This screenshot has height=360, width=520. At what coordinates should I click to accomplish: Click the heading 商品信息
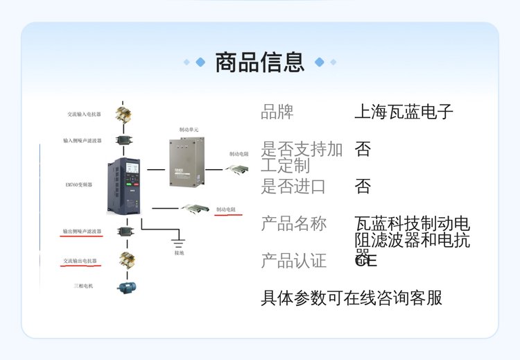[260, 62]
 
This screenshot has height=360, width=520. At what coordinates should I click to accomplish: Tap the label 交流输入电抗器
[83, 114]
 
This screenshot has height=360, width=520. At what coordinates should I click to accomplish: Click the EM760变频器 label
[79, 185]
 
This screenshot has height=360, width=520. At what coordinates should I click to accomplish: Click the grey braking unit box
[189, 162]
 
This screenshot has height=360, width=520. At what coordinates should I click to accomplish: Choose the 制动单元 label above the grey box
[189, 130]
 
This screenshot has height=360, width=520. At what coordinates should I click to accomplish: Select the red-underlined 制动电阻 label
[228, 209]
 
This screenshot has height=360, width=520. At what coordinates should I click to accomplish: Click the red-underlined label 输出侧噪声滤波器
[83, 231]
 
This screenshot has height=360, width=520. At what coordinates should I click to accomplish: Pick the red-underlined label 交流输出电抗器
[80, 262]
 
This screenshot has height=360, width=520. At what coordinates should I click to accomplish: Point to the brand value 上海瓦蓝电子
[404, 112]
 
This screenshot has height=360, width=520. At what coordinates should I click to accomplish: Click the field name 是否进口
[293, 186]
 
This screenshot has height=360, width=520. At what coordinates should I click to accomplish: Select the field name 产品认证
[293, 261]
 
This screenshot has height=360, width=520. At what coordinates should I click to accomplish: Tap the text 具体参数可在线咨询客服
[351, 298]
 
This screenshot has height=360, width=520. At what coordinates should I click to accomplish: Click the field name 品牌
[277, 112]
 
